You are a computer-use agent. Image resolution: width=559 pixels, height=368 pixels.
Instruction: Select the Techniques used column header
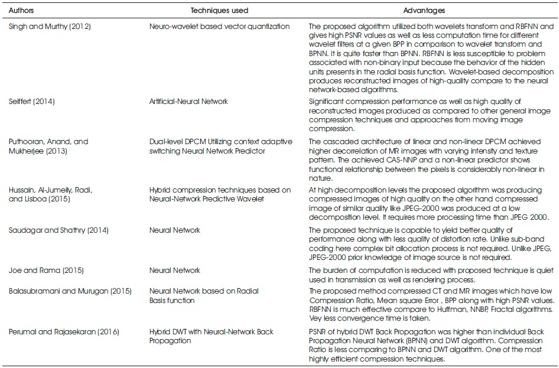click(219, 11)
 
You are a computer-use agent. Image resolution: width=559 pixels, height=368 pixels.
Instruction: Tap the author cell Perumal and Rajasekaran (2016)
click(64, 332)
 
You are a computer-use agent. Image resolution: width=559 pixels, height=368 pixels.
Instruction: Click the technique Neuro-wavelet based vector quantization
click(219, 27)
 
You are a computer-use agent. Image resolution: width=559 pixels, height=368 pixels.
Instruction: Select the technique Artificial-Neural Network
click(188, 102)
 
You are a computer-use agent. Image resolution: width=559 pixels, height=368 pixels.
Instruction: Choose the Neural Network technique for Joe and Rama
click(175, 271)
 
